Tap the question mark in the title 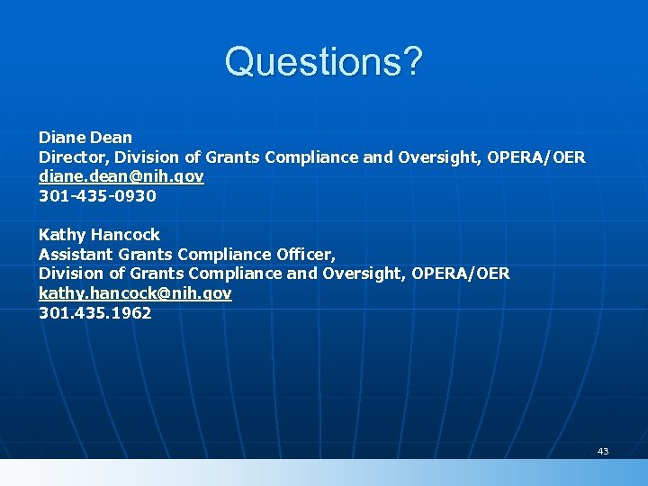410,62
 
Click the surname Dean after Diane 111,138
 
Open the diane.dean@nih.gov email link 121,177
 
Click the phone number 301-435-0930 97,196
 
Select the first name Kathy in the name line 60,235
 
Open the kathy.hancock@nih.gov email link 135,294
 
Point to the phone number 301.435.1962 94,313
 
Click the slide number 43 603,451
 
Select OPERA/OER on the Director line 536,157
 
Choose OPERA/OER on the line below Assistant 461,274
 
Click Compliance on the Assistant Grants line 226,255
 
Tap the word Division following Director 153,157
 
